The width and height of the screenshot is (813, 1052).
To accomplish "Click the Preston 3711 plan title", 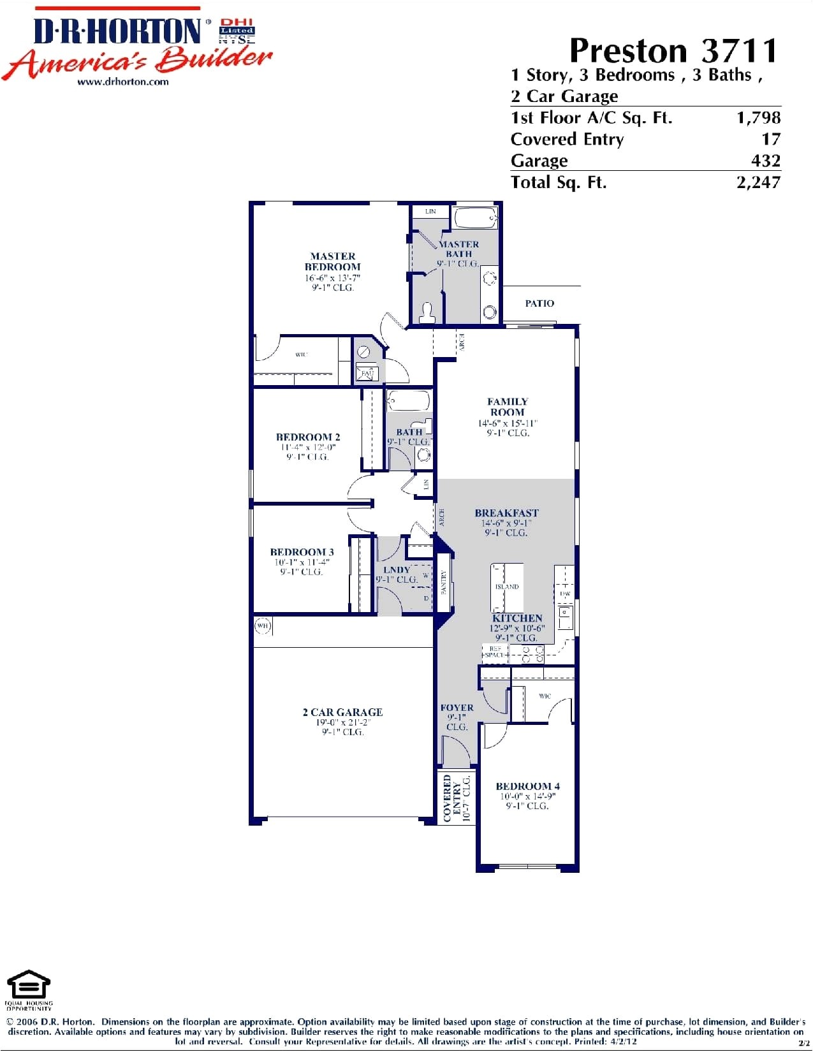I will pos(673,50).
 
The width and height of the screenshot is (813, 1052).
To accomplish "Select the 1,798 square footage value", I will pos(758,117).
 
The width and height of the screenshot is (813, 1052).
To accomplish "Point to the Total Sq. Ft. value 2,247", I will pos(758,182).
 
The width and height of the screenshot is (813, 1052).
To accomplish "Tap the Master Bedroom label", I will pos(332,261).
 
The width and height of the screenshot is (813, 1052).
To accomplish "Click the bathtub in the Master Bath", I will pos(476,218).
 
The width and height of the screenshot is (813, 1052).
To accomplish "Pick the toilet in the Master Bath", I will pos(427,312).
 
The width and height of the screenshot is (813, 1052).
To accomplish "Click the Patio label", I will pos(539,303).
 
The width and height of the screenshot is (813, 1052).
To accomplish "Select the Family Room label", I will pos(508,407).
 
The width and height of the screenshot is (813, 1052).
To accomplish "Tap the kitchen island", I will pos(507,585).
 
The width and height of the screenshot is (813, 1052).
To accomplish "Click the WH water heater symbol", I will pos(263,626).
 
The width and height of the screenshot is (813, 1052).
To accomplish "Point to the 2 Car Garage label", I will pos(342,712).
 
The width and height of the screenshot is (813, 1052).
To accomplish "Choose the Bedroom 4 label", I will pos(527,786).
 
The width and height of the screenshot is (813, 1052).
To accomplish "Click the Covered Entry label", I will pos(452,798).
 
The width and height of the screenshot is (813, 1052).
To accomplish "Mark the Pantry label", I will pos(444,581).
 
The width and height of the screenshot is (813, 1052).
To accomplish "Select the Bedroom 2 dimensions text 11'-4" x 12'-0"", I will pos(308,447).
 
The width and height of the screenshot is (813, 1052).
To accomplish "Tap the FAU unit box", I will pos(367,373).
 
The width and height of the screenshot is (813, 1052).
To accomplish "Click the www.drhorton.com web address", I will pos(123,82).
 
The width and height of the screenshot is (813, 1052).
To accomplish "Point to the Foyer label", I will pos(457,708).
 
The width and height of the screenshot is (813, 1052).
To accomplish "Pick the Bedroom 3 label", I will pos(302,552).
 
